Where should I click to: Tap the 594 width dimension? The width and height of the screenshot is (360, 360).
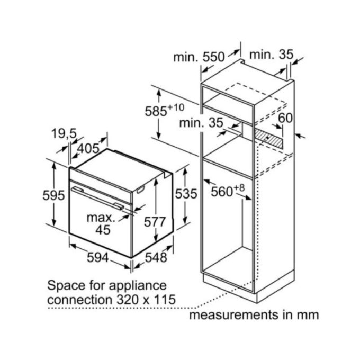coord(97,258)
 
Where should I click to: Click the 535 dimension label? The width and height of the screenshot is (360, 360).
coord(186,194)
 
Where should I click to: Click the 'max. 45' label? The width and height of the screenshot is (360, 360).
coord(101,223)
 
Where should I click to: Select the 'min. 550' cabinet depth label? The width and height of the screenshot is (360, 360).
coord(199,57)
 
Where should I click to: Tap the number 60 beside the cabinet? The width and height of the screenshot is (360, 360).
coord(285,118)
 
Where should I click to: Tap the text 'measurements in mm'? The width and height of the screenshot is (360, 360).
coord(254,315)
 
